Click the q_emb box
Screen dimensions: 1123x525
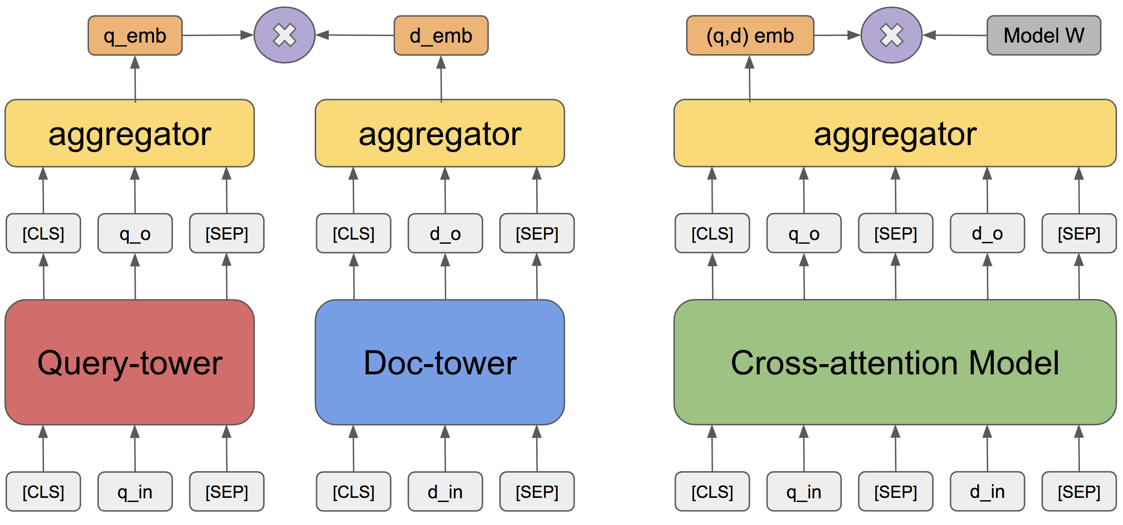tap(135, 36)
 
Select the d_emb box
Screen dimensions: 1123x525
tap(441, 36)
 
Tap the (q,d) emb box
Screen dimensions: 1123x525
tap(750, 36)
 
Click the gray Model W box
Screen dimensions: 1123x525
tap(1044, 36)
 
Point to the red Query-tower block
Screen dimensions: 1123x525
tap(130, 362)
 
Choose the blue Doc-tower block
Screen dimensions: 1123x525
tap(440, 362)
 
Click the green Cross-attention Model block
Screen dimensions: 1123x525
tap(895, 362)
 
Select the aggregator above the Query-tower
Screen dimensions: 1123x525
tap(130, 133)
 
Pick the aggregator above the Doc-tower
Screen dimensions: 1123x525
tap(440, 133)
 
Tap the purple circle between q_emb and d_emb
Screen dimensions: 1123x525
tap(285, 35)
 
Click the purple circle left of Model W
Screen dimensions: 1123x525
tap(892, 35)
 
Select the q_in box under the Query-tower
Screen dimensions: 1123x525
tap(135, 492)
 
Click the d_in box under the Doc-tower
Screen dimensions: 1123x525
tap(445, 492)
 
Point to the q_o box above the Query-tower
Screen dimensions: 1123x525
tap(135, 233)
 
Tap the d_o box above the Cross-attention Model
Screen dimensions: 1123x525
tap(987, 233)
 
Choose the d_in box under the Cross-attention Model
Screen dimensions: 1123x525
tap(987, 492)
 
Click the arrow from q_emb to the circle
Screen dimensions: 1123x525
tap(218, 35)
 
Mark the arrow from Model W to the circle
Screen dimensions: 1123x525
tap(955, 35)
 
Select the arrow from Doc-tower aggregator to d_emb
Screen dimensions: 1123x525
tap(441, 78)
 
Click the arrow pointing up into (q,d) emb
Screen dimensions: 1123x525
tap(750, 78)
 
